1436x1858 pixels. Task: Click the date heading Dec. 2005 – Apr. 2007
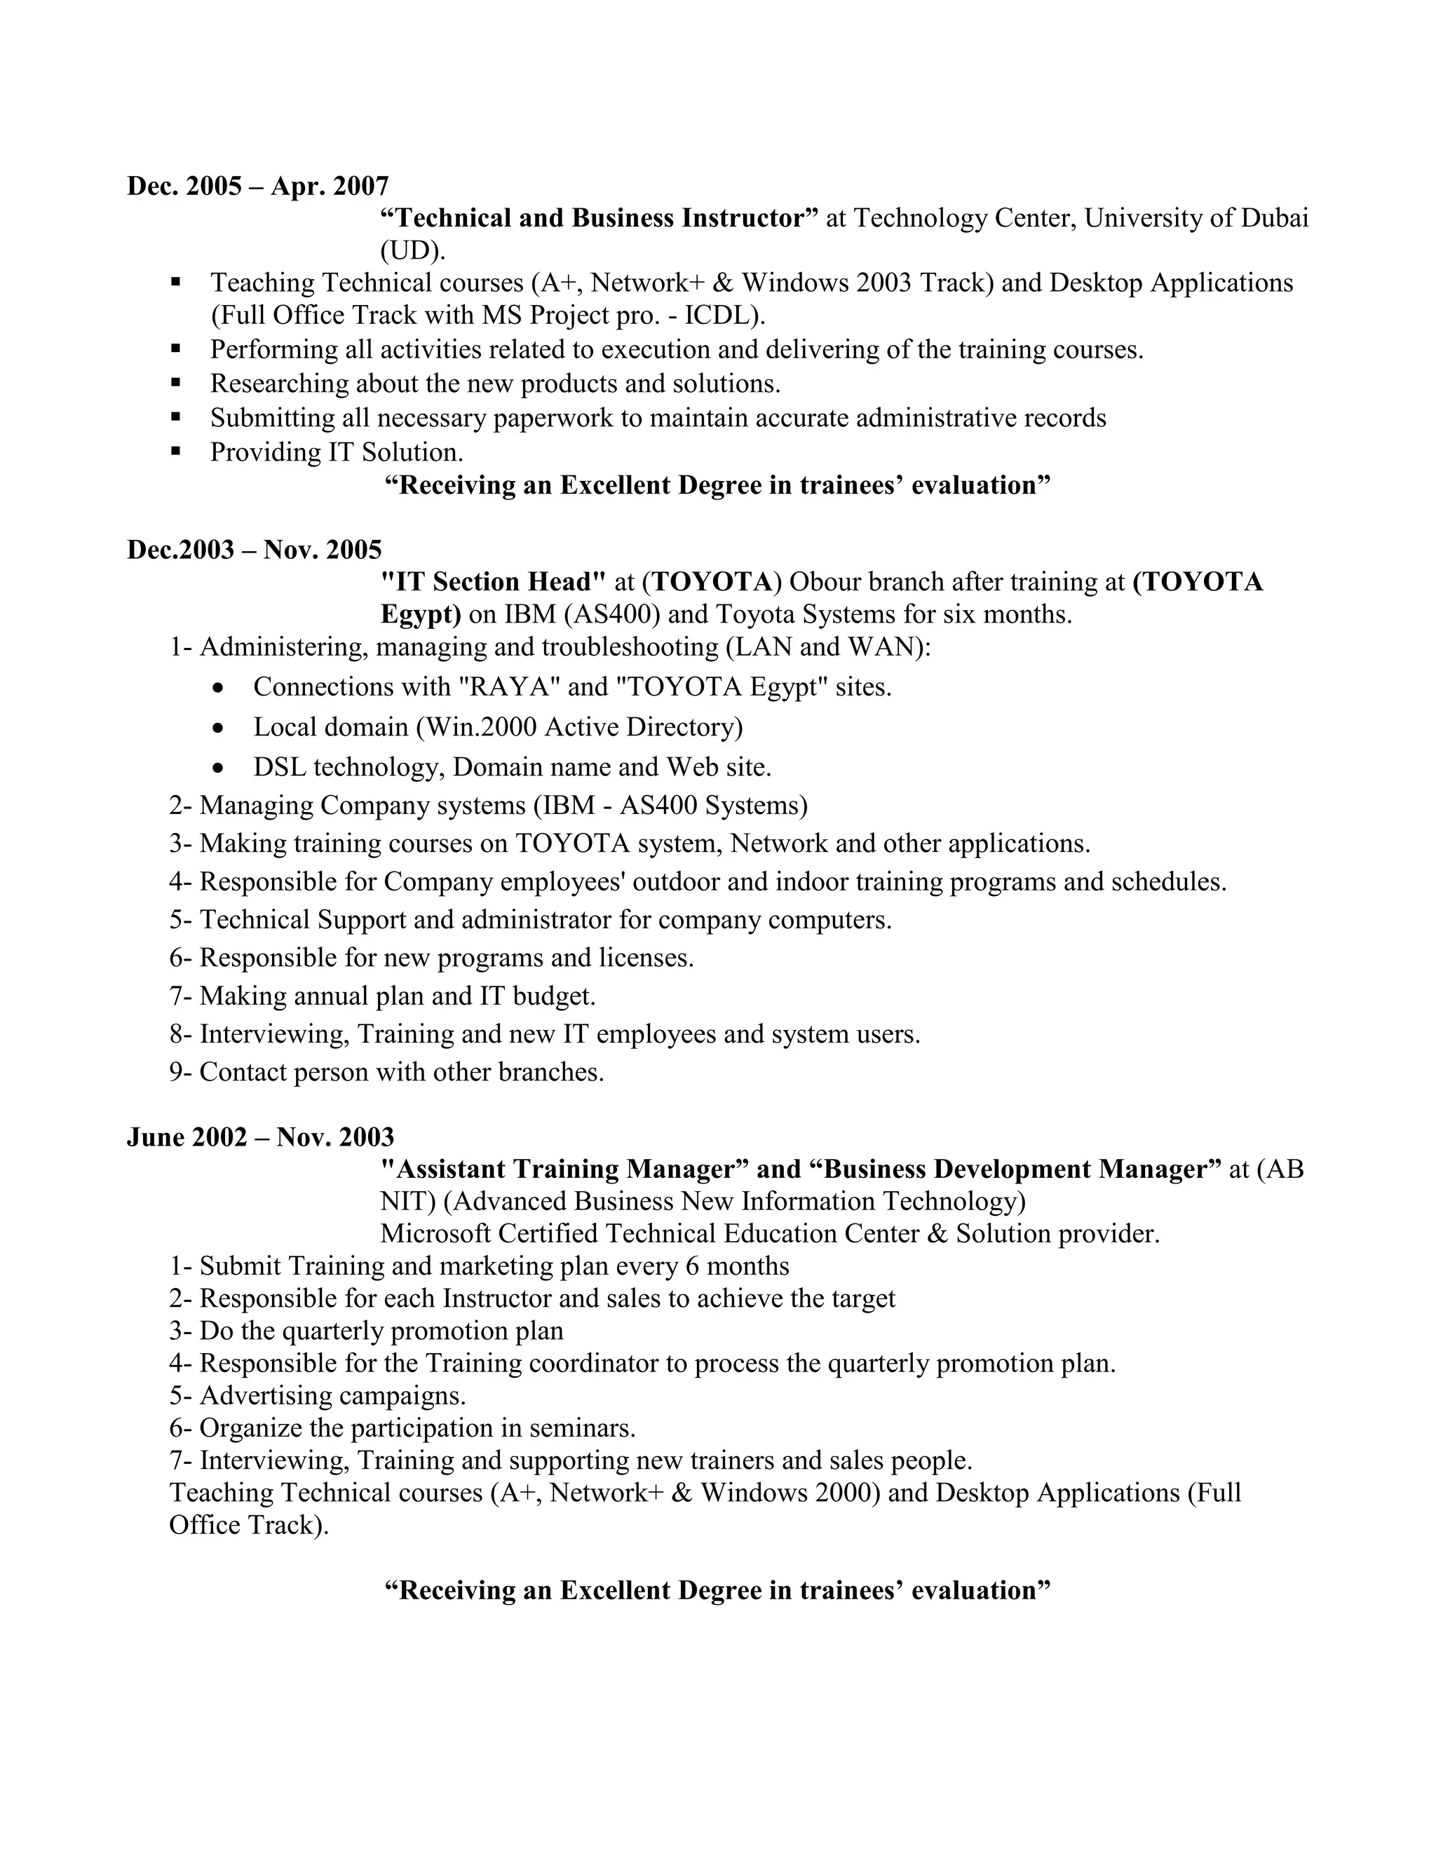point(258,186)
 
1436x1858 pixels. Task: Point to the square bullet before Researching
point(176,383)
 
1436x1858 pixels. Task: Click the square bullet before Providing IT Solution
point(176,451)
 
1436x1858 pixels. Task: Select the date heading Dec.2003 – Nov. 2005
point(255,550)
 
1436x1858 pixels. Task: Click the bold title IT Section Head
point(492,582)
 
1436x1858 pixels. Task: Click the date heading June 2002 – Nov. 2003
point(260,1137)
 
